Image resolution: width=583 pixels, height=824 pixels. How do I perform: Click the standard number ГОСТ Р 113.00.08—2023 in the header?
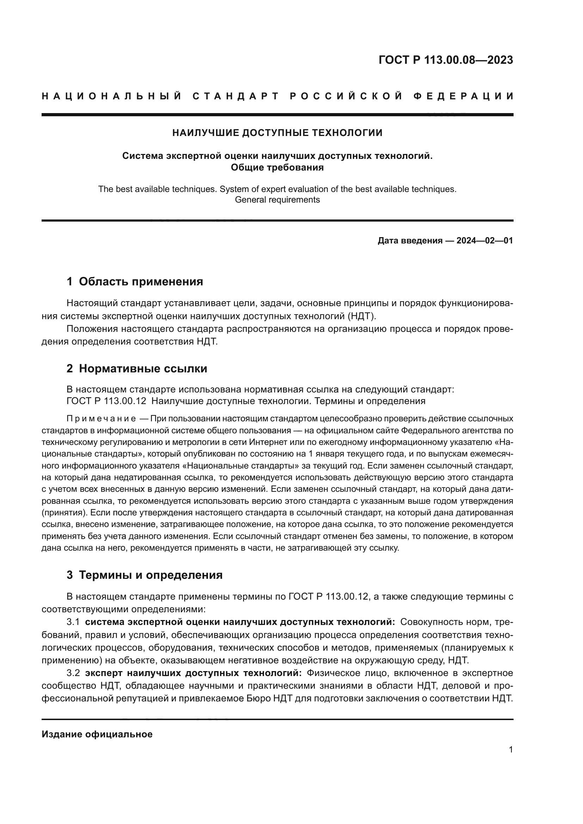(x=446, y=60)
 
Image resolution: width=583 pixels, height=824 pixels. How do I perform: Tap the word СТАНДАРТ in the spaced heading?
(x=236, y=96)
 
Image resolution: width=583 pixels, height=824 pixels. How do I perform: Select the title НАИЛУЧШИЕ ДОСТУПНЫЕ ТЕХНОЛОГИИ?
(x=277, y=133)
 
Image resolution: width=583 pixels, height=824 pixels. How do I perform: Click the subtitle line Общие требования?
(x=277, y=168)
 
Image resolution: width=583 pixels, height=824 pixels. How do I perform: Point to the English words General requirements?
(x=277, y=199)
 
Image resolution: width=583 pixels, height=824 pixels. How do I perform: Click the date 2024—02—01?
(x=485, y=241)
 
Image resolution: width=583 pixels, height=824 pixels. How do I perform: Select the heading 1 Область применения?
(x=135, y=281)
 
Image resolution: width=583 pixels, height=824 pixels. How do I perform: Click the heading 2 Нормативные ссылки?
(x=137, y=368)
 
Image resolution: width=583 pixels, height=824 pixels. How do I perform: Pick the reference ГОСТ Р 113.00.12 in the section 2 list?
(x=106, y=401)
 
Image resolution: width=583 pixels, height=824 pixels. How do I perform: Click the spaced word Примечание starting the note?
(x=101, y=419)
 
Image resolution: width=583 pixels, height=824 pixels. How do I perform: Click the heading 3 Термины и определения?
(x=145, y=575)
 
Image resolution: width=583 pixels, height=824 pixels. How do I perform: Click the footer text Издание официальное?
(x=97, y=734)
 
